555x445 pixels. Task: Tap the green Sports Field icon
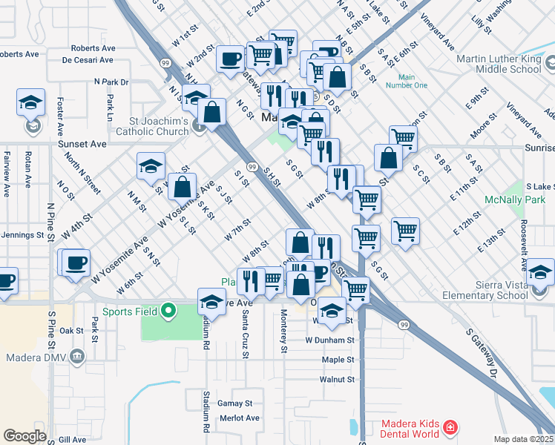pyautogui.click(x=170, y=311)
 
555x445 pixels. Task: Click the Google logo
pyautogui.click(x=24, y=436)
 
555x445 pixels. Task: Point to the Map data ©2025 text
pyautogui.click(x=524, y=439)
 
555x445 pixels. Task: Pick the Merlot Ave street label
pyautogui.click(x=239, y=418)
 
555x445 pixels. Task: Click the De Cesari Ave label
pyautogui.click(x=92, y=60)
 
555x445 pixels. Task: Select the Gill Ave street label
pyautogui.click(x=73, y=440)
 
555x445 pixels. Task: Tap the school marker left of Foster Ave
pyautogui.click(x=31, y=102)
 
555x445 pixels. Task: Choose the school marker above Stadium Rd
pyautogui.click(x=211, y=300)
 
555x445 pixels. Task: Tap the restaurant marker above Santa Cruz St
pyautogui.click(x=250, y=280)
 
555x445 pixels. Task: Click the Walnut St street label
pyautogui.click(x=336, y=380)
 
